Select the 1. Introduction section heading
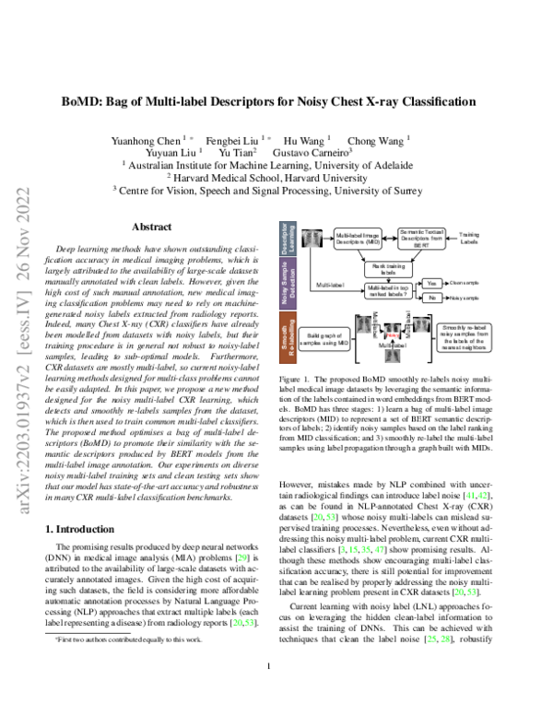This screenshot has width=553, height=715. pos(79,556)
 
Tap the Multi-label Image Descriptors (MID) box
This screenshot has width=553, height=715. pos(355,238)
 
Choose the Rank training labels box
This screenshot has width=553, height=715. pos(390,268)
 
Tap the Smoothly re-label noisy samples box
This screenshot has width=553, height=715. pos(477,336)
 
